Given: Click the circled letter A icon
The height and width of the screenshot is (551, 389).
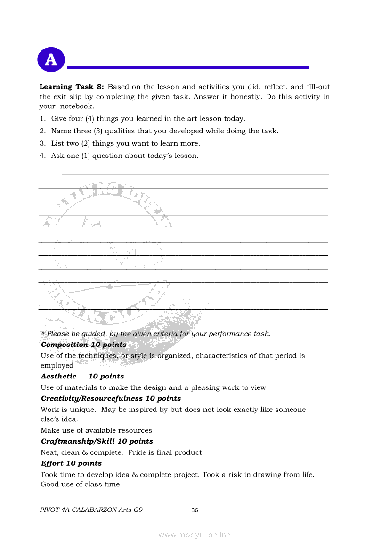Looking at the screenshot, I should pos(51,59).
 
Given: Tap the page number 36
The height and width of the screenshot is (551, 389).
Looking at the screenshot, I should pos(195,510).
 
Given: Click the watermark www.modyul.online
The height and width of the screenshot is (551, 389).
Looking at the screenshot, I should pos(194,535).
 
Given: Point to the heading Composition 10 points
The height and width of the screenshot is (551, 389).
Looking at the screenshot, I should pos(84,345).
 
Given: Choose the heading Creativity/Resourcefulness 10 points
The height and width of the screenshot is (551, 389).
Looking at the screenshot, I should pos(111,398).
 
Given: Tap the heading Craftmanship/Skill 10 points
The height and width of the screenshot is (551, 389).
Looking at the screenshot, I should pos(97,441).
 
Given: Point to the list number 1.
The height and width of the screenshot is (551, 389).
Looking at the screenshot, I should pos(42,119).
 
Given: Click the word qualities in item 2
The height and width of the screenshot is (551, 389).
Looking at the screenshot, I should pos(108,131).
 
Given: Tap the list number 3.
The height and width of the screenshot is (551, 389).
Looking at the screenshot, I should pos(42,143).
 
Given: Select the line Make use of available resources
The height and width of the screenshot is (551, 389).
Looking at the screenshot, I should pos(96,430).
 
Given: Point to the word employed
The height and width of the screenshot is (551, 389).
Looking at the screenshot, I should pos(57,365).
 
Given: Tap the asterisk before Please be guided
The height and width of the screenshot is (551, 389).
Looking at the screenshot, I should pos(43,333).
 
